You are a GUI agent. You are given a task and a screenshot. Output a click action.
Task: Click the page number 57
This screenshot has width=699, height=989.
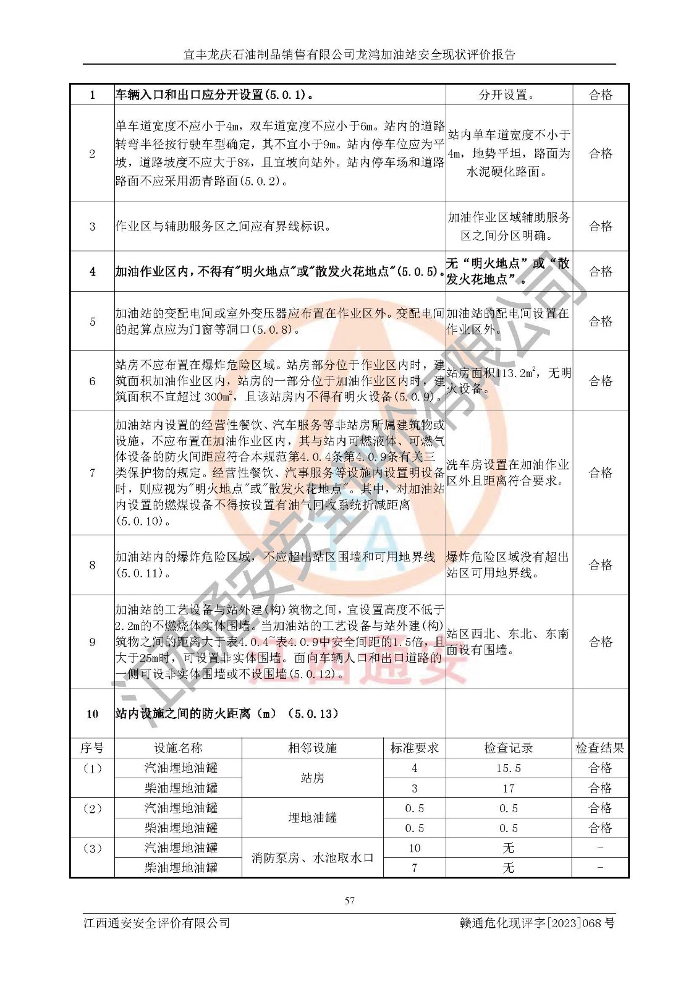[350, 901]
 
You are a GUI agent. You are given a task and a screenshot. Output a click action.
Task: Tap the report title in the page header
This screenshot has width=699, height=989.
[349, 54]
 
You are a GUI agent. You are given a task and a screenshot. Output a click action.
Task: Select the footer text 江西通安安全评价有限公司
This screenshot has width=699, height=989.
[157, 923]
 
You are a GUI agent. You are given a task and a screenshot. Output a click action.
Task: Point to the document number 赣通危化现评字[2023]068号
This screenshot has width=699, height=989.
[537, 923]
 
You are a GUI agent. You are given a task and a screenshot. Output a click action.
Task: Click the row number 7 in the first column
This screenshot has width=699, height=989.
[92, 473]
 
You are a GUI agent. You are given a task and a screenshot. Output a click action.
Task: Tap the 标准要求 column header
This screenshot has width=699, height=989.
[414, 748]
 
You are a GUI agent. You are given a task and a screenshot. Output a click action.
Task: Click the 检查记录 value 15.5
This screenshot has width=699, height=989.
[508, 768]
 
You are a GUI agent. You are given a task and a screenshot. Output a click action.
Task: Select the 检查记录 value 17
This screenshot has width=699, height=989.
[508, 788]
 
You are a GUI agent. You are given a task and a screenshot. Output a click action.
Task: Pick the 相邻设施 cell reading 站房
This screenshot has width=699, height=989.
[312, 778]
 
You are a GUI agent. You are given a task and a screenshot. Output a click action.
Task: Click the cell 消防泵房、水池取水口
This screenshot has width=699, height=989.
[312, 858]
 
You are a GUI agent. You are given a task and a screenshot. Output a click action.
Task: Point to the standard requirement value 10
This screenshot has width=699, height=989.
[414, 848]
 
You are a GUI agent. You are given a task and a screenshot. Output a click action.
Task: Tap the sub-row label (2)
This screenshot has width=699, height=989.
[92, 809]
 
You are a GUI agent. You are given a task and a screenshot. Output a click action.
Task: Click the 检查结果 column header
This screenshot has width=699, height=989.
[599, 748]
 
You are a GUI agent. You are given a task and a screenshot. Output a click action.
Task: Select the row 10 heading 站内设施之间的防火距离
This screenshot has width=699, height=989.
[227, 713]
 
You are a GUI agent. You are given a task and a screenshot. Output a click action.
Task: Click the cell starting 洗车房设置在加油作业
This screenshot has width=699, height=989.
[508, 473]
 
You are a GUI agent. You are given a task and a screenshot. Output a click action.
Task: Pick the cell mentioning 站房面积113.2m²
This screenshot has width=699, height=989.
[508, 381]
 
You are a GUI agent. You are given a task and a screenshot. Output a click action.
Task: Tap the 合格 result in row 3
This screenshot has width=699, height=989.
[600, 226]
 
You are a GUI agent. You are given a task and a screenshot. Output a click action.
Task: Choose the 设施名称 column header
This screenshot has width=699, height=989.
[178, 748]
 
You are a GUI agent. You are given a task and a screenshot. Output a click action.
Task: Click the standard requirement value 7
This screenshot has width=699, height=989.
[414, 868]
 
